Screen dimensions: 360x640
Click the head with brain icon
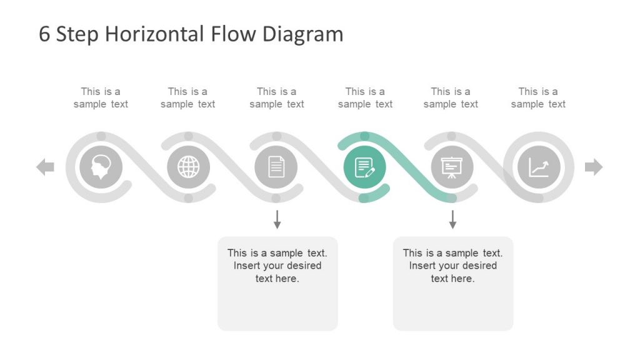click(101, 167)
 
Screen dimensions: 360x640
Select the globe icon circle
click(189, 167)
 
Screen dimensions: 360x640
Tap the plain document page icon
click(276, 167)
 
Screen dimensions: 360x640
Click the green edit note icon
click(365, 167)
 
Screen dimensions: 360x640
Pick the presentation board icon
click(452, 167)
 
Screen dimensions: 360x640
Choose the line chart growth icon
click(539, 167)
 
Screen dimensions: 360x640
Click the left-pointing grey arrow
click(45, 167)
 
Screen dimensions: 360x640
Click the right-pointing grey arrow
click(594, 167)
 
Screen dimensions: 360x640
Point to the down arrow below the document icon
click(277, 219)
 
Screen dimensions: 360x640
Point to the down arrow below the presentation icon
click(452, 219)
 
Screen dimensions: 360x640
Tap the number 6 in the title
click(44, 34)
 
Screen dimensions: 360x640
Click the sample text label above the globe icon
click(187, 98)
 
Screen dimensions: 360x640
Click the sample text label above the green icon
click(365, 98)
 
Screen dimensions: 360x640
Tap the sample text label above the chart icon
click(538, 98)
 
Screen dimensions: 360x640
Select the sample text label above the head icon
click(101, 98)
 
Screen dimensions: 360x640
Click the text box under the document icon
click(277, 283)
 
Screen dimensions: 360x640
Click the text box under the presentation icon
click(453, 283)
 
